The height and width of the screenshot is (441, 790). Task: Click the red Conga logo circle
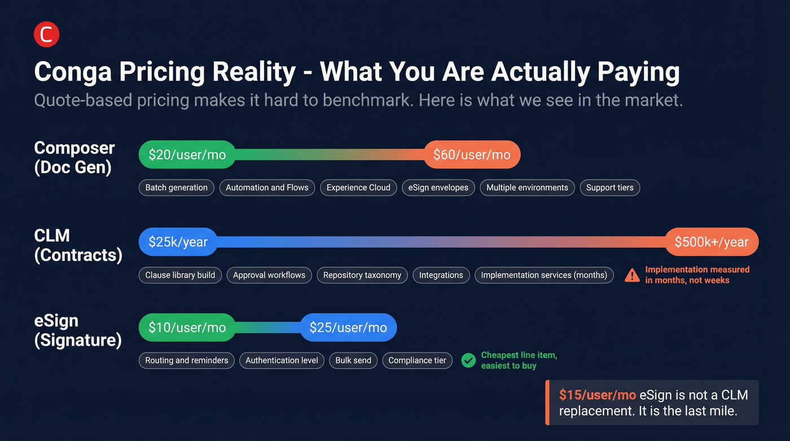coord(46,34)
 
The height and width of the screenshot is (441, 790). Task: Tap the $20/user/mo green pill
coord(187,155)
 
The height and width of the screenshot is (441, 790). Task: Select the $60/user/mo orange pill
coord(472,155)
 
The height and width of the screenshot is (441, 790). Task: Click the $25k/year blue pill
coord(178,242)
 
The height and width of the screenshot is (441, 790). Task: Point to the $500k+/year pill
coord(712,242)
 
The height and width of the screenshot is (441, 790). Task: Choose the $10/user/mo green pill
coord(187,328)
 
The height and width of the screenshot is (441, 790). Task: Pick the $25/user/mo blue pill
coord(349,328)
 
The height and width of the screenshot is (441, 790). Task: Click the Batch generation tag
coord(176,187)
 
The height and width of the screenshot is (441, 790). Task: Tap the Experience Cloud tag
coord(358,187)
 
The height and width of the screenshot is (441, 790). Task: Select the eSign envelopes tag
coord(438,187)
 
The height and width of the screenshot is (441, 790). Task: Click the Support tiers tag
coord(610,187)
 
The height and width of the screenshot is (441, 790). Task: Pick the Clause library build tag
coord(180,275)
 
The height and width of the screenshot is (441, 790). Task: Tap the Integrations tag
coord(441,275)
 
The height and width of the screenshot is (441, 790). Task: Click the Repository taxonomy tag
coord(362,275)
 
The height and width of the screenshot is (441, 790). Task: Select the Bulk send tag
coord(353,361)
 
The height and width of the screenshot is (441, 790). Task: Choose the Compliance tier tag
coord(417,361)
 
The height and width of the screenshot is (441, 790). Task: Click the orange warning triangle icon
coord(632,275)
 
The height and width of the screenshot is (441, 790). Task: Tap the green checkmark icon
coord(468,361)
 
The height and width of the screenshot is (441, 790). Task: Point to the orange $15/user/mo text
coord(598,395)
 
